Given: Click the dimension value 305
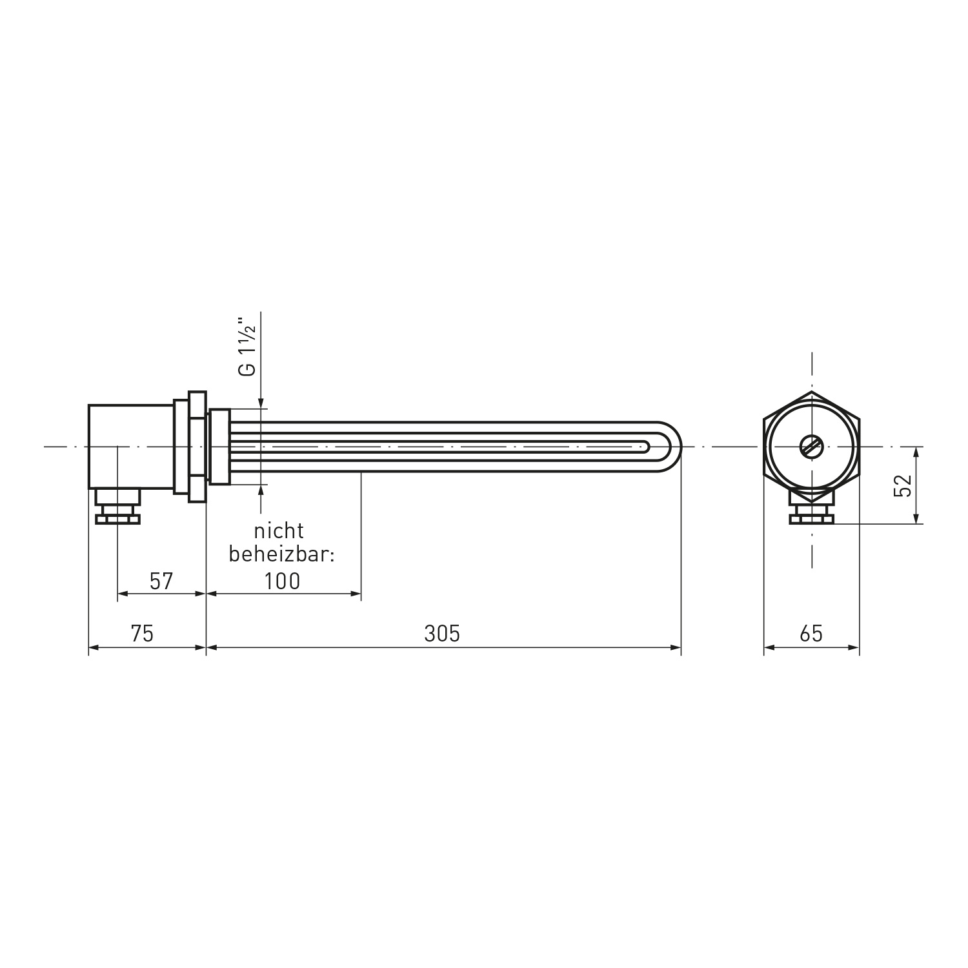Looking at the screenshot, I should click(x=442, y=634).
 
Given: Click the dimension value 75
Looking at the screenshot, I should click(x=142, y=634).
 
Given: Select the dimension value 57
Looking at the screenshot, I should click(x=161, y=581).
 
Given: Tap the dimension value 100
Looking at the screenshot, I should click(x=283, y=581).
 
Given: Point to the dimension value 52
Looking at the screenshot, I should click(x=903, y=485).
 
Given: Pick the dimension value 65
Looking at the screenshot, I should click(x=811, y=634).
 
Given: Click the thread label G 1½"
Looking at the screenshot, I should click(x=247, y=346).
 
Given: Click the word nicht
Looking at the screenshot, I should click(x=279, y=531).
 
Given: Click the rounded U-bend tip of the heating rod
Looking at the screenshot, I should click(x=675, y=447).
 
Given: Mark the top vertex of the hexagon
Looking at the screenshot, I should click(x=811, y=391).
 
